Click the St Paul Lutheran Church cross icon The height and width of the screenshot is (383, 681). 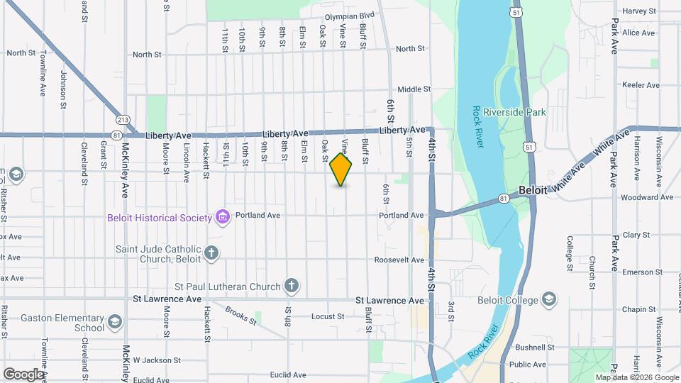coord(290,287)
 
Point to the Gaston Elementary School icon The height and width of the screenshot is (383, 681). coord(114,323)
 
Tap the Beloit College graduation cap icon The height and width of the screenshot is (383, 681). coord(549,300)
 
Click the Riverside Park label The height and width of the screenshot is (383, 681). coord(514,112)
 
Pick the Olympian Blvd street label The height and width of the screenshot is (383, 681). coord(349,16)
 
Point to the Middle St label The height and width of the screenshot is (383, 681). coord(414,89)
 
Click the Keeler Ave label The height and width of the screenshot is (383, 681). coord(641,85)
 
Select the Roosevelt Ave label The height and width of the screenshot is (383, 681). coord(399,260)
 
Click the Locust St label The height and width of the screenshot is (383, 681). coord(327,316)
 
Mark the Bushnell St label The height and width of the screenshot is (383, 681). coord(534,348)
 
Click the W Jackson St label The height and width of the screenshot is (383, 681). coord(155,360)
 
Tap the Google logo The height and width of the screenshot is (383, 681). coord(23,374)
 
